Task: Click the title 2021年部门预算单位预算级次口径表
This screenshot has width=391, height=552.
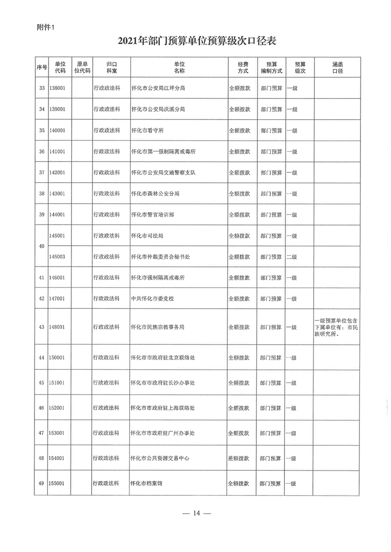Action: tap(195, 41)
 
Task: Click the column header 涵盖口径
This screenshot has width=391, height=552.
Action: tap(337, 67)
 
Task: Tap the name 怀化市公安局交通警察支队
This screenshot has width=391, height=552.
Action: tap(164, 173)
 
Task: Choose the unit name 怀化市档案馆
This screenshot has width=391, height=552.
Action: tap(146, 484)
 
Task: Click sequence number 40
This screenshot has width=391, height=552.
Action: tap(41, 246)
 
